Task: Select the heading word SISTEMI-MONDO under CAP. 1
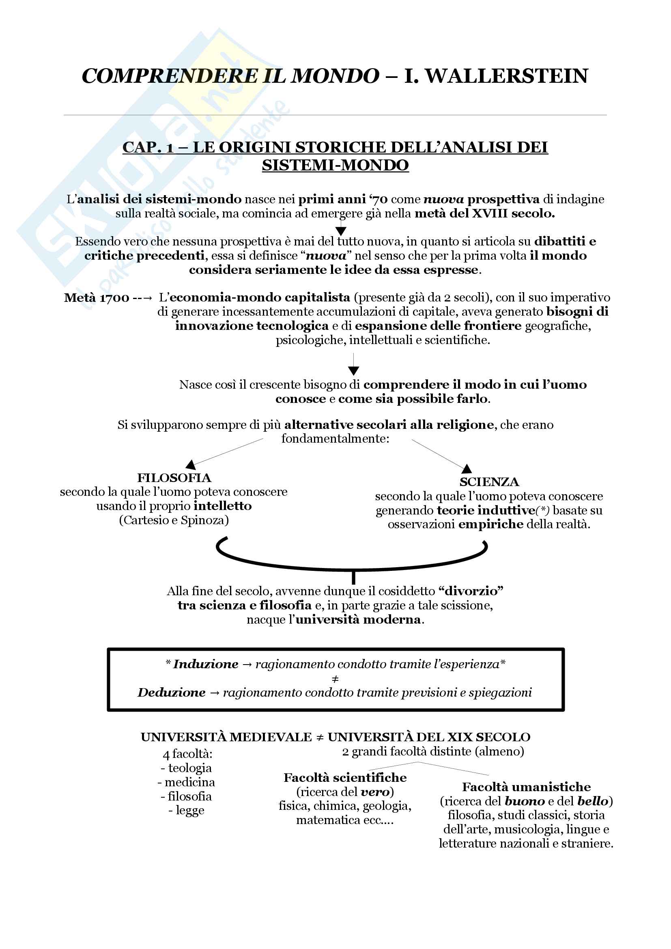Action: [335, 165]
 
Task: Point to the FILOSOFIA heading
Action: [174, 478]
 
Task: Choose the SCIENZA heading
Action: [489, 482]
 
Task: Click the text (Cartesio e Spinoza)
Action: [174, 520]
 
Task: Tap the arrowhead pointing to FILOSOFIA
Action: [191, 465]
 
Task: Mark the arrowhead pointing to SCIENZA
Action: [467, 469]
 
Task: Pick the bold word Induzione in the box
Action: [206, 664]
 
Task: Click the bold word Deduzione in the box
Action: [172, 692]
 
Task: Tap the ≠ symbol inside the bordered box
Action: [335, 679]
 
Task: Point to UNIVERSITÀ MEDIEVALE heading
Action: [226, 737]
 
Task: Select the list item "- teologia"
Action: [186, 768]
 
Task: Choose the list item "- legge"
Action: [186, 810]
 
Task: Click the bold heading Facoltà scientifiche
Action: [345, 777]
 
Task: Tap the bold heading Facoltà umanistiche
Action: [526, 787]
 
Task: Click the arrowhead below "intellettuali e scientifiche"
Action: [354, 370]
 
